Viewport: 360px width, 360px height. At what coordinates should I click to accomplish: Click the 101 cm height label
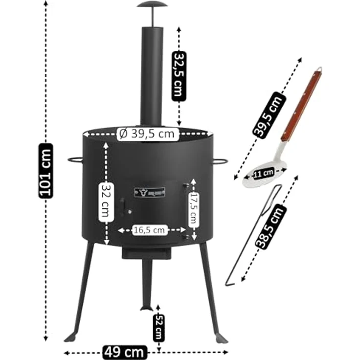[x=46, y=170]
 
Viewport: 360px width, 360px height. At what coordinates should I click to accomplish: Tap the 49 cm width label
[x=124, y=351]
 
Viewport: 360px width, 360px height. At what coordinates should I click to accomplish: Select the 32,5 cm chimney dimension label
[x=180, y=76]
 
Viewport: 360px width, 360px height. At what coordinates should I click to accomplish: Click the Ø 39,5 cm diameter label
[x=148, y=134]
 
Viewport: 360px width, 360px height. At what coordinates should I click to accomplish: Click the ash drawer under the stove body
[x=146, y=253]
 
